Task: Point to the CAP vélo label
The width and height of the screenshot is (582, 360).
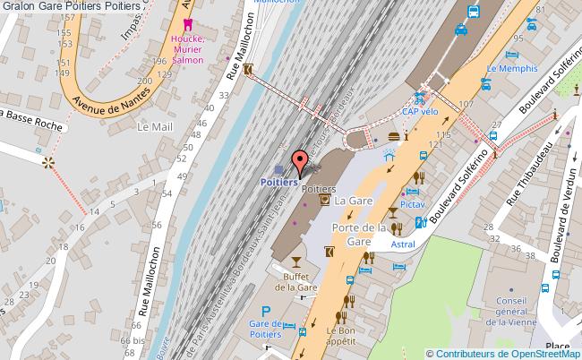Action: (420, 112)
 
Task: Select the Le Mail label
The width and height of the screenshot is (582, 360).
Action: (154, 127)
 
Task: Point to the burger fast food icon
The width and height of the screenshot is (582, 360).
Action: (393, 136)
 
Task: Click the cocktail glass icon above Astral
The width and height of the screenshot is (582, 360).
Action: (393, 213)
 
